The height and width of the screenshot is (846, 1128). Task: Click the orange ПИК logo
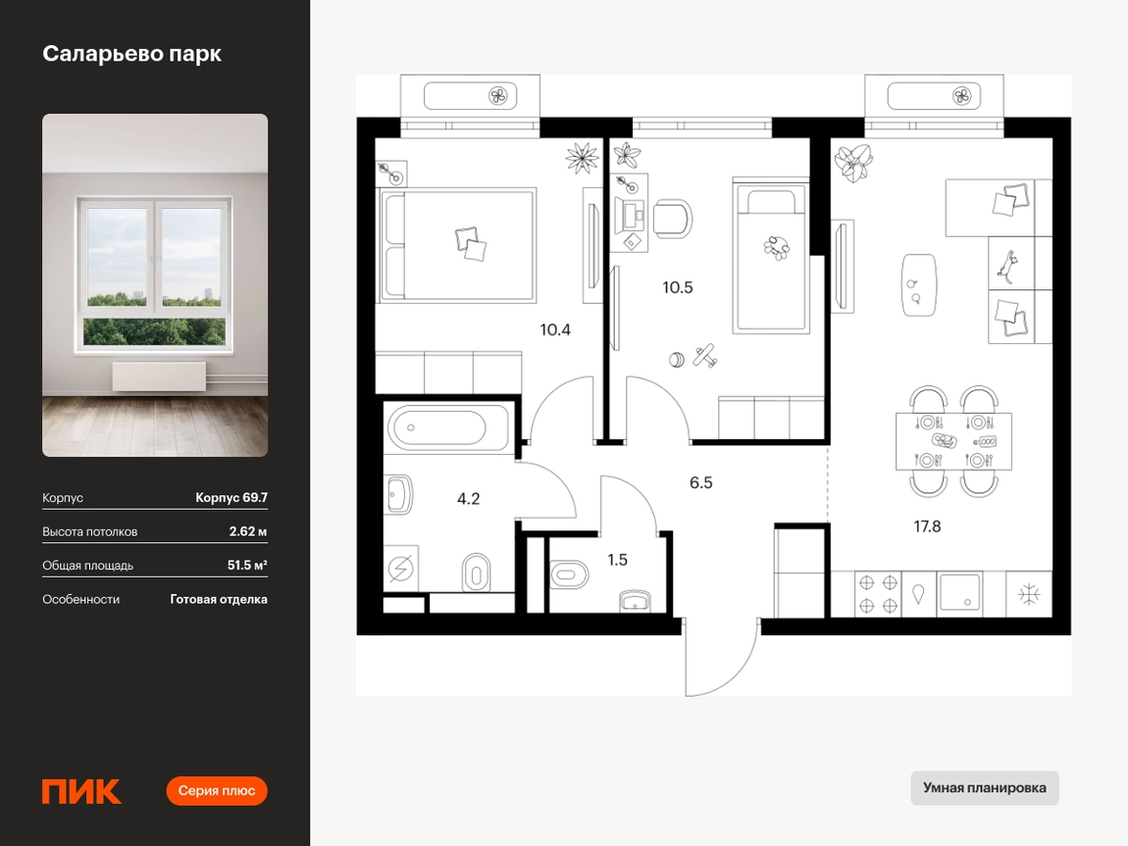(x=81, y=791)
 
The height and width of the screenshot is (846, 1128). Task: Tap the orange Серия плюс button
(x=217, y=791)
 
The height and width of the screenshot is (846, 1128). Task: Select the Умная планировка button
(x=984, y=788)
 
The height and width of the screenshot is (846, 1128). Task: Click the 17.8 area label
(x=927, y=526)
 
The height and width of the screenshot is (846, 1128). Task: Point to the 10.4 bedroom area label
(x=555, y=330)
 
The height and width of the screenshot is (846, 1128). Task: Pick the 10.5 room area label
(x=678, y=287)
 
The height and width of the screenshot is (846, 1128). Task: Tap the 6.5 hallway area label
(x=700, y=482)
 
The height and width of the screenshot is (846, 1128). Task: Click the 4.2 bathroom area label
(x=468, y=498)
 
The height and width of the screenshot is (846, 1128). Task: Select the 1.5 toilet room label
(x=617, y=559)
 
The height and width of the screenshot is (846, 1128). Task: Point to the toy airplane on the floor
(x=705, y=356)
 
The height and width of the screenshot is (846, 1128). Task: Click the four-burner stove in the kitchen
(x=879, y=594)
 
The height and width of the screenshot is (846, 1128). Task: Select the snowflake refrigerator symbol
(x=1030, y=594)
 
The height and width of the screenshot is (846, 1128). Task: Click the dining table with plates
(x=953, y=441)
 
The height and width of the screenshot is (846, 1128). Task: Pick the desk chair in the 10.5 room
(x=673, y=220)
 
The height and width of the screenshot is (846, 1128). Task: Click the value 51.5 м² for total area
(x=247, y=565)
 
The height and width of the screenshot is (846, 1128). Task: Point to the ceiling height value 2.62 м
(x=248, y=531)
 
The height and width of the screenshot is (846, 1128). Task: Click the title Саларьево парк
(x=131, y=54)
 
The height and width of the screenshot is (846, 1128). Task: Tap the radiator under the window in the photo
(x=159, y=376)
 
